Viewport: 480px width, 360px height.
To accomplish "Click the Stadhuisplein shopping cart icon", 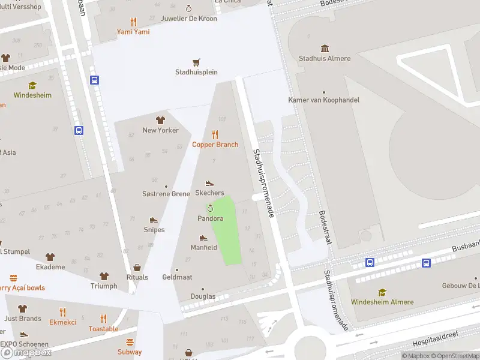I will [x=196, y=62].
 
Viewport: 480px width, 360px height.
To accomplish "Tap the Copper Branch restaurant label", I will [x=215, y=145].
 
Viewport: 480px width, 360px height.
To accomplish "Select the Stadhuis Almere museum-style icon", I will [x=325, y=48].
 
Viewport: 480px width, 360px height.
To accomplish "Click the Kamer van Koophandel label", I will [x=323, y=100].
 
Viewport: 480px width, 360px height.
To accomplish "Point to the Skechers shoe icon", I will [x=209, y=183].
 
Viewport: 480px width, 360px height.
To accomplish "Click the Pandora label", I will [x=210, y=218].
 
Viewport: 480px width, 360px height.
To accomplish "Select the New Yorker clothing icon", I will [x=160, y=120].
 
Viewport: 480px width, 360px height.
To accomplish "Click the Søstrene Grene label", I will [x=166, y=194].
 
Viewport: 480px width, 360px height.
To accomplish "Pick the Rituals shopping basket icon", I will [x=137, y=268].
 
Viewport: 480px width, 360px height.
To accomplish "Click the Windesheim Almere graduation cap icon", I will [x=382, y=292].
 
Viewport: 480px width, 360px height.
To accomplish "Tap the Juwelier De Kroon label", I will [x=188, y=18].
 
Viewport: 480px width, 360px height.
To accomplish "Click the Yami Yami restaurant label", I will [x=133, y=32].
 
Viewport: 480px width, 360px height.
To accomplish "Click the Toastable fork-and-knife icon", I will [x=103, y=319].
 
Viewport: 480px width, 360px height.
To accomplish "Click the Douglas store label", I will [x=203, y=296].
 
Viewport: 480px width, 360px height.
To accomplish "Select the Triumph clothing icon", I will [x=104, y=276].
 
